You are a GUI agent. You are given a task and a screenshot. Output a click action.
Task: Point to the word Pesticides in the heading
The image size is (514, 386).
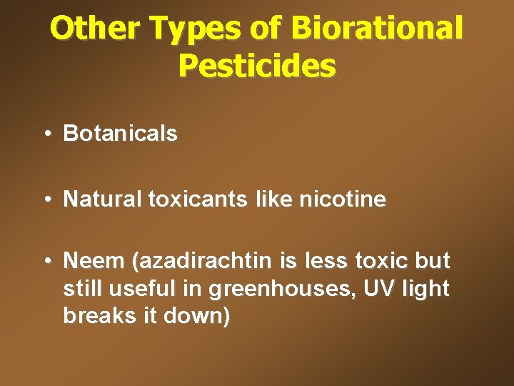[x=257, y=66]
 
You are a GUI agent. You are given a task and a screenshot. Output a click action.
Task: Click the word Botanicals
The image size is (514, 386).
[x=120, y=134]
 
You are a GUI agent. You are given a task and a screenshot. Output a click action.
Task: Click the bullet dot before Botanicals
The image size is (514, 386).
[x=46, y=134]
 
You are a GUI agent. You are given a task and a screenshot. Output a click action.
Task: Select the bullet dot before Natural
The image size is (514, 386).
[x=46, y=199]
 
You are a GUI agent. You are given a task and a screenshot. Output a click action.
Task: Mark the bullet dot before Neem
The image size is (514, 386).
[x=46, y=262]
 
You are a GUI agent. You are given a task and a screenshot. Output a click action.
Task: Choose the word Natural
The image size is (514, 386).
[x=103, y=199]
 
